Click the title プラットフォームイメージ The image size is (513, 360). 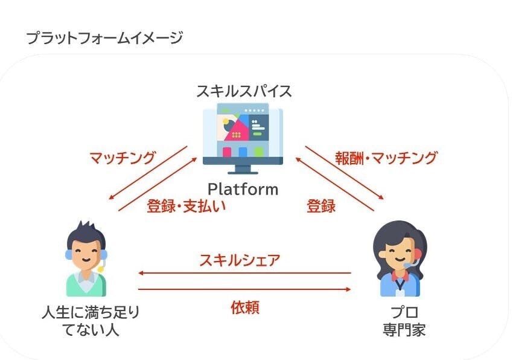point(104,39)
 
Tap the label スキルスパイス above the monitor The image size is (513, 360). point(244,91)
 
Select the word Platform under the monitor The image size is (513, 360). point(243,189)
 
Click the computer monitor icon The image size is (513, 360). point(243,137)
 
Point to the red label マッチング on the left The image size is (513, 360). point(123,158)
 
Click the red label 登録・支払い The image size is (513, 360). point(186,206)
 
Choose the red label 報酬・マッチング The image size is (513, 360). point(386,158)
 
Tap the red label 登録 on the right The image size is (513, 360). point(321,206)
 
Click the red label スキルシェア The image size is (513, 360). point(240,260)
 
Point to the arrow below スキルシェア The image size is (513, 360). point(245,273)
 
